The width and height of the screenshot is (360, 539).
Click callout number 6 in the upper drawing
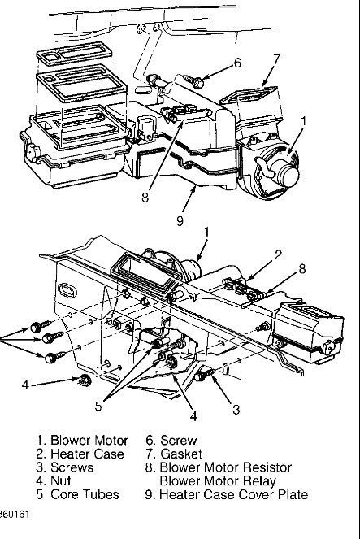[x=238, y=63]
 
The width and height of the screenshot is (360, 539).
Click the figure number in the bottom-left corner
[x=12, y=515]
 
